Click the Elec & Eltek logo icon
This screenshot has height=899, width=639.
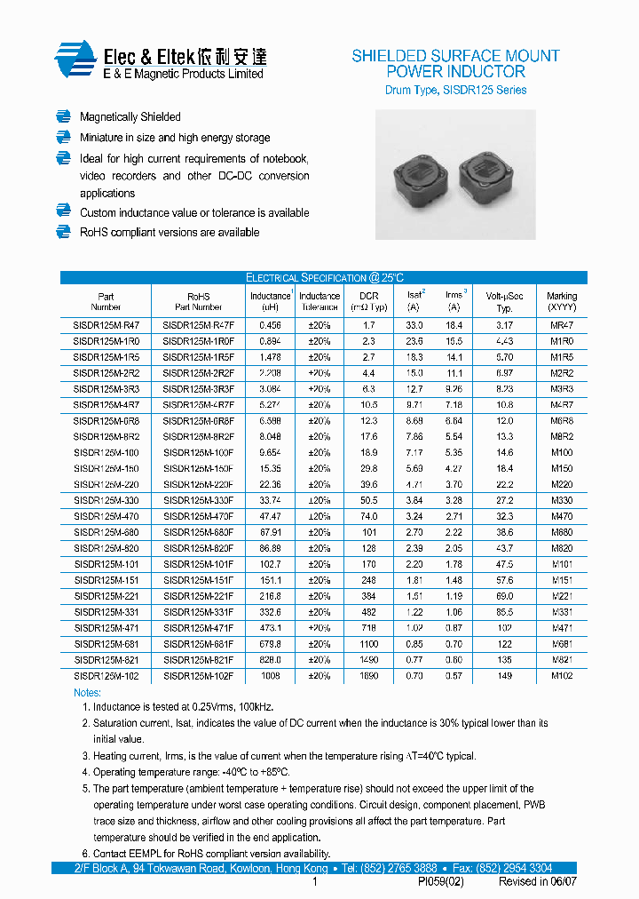click(75, 60)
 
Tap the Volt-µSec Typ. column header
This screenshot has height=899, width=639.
click(504, 302)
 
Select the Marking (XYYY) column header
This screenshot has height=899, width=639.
click(561, 302)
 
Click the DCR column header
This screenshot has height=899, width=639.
click(368, 302)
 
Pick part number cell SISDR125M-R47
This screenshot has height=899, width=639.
click(106, 326)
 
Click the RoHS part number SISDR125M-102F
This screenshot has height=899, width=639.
click(198, 676)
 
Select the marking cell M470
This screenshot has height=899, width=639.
click(561, 516)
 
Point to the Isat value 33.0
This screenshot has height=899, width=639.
click(414, 326)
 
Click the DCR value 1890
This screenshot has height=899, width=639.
click(368, 676)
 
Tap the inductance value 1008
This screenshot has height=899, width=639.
click(270, 676)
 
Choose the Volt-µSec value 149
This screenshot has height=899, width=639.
click(504, 676)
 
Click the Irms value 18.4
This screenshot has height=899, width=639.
click(454, 326)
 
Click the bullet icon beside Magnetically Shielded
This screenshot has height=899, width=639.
click(63, 116)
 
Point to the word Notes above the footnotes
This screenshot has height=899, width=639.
click(87, 692)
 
